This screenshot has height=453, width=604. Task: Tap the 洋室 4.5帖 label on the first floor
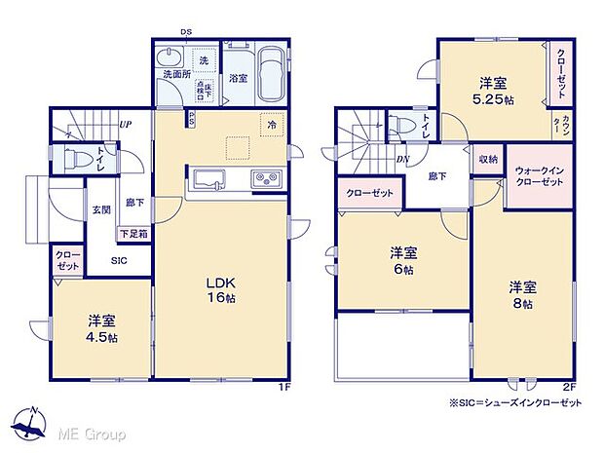coord(101,328)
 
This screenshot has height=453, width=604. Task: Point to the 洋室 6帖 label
coord(401,260)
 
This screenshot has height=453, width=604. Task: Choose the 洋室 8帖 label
coord(521,295)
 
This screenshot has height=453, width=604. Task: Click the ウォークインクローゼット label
coord(539,176)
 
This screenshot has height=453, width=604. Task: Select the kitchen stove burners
coord(266,178)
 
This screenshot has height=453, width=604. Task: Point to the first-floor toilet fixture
coord(79,158)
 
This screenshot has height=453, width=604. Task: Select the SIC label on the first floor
coord(118,260)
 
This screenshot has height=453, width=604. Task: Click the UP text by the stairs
coord(126,125)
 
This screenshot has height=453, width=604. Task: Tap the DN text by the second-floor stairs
coord(401,161)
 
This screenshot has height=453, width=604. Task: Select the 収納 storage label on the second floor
coord(488,159)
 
